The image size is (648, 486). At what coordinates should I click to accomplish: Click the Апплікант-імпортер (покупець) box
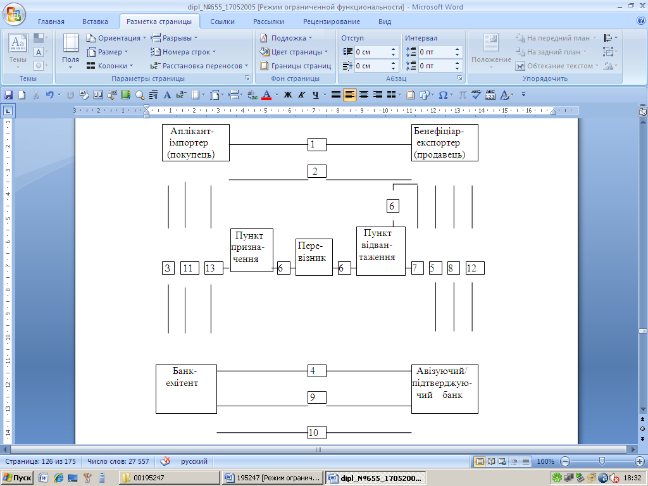tap(196, 143)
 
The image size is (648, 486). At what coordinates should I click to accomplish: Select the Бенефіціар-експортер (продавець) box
tap(444, 143)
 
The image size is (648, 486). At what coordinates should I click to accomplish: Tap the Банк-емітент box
tap(186, 389)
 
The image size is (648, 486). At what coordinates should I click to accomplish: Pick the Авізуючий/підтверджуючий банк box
tap(444, 389)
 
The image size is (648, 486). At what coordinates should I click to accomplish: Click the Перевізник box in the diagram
tap(314, 257)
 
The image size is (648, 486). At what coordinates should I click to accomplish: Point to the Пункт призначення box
tap(251, 250)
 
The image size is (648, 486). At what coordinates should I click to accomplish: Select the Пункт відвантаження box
tap(380, 251)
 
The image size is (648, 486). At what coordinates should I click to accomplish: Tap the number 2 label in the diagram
tap(316, 171)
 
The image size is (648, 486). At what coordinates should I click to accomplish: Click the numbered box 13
tap(214, 268)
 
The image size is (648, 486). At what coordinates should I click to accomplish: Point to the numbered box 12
tap(475, 268)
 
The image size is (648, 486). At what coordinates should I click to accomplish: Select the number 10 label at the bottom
tap(316, 433)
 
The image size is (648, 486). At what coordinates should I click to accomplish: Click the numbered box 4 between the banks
tap(316, 370)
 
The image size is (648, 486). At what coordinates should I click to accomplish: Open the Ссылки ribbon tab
tap(222, 22)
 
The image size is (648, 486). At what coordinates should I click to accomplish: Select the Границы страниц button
tap(296, 66)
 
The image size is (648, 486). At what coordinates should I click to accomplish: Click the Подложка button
tap(287, 38)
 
